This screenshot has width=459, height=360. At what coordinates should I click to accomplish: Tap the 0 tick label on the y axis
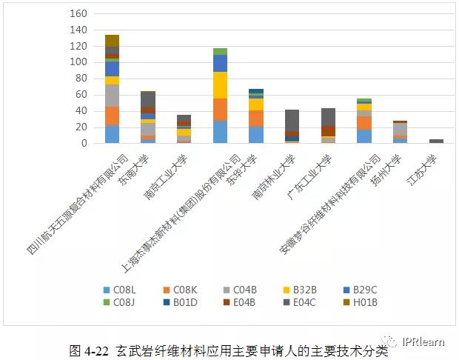tap(84, 144)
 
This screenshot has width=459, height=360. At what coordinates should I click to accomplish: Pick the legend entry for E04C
tap(303, 302)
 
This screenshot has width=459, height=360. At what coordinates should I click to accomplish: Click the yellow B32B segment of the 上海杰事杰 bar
tap(221, 84)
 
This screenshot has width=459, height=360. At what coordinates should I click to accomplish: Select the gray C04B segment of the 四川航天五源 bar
tap(112, 96)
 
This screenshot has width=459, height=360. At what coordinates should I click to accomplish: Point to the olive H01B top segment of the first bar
tap(112, 41)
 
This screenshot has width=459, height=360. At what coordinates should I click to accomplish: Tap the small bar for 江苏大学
tap(437, 141)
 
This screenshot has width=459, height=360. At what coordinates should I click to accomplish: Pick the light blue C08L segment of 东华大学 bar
tap(256, 135)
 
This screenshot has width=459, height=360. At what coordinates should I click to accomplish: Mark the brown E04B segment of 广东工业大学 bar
tap(329, 131)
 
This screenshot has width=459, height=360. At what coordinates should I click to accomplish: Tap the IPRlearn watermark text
tap(425, 341)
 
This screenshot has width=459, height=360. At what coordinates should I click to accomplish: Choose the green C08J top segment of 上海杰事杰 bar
tap(221, 51)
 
